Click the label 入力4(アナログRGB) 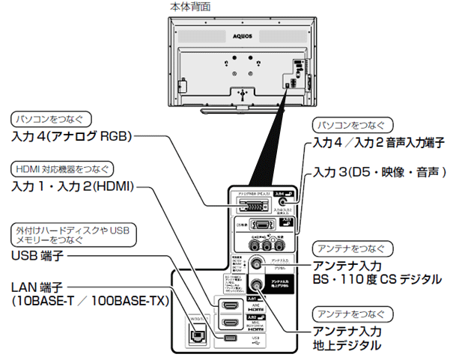[x=72, y=137]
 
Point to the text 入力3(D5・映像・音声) [x=385, y=171]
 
